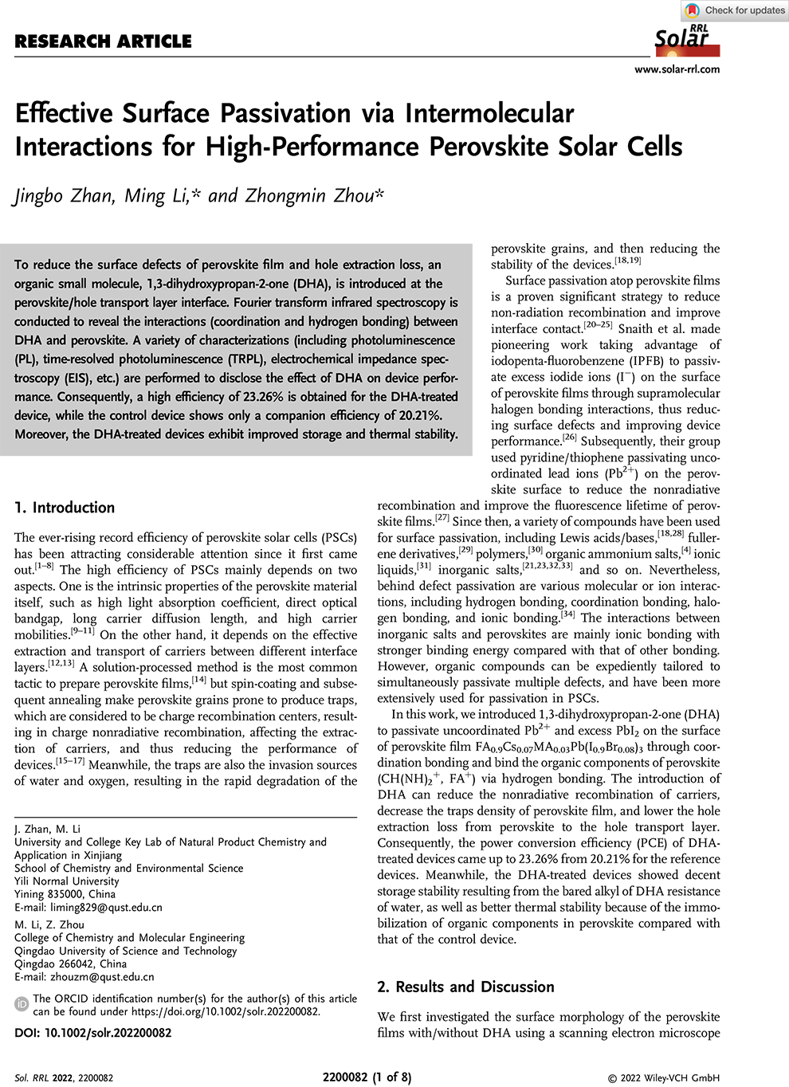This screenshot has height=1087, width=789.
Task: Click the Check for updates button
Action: tap(736, 10)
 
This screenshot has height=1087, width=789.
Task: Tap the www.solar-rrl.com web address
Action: tap(677, 69)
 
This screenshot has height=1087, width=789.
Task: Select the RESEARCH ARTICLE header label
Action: tap(104, 41)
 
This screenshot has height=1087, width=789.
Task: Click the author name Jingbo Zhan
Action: tap(64, 196)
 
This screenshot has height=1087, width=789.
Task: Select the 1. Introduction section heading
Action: tap(65, 508)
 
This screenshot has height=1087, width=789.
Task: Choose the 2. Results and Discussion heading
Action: tap(465, 987)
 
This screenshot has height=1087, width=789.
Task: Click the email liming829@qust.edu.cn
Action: tap(103, 907)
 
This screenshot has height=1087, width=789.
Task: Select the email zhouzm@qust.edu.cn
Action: tap(99, 976)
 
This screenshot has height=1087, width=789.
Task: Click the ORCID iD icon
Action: tap(22, 1004)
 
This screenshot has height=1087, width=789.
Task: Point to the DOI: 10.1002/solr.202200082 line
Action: tap(93, 1033)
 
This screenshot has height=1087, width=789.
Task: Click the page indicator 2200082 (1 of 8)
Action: tap(367, 1077)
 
